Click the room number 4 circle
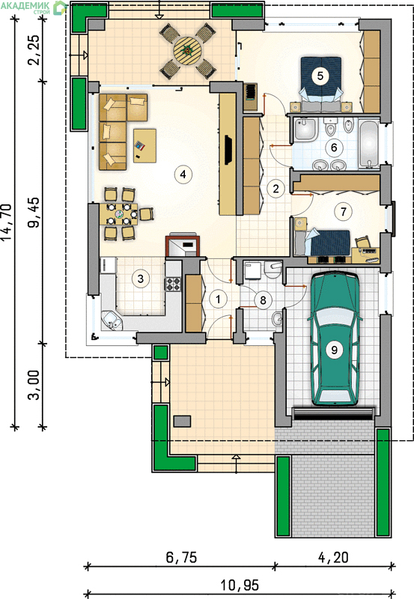(x=183, y=174)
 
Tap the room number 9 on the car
(x=334, y=349)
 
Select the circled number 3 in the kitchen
(x=141, y=279)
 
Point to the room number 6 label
(x=334, y=147)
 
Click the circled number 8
(x=263, y=300)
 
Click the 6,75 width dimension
(x=181, y=557)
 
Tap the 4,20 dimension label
(x=333, y=557)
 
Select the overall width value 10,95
(x=240, y=585)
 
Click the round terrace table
(x=187, y=49)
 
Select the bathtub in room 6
(x=369, y=144)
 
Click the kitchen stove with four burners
(x=173, y=284)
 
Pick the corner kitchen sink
(x=112, y=320)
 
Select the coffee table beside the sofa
(x=144, y=145)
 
